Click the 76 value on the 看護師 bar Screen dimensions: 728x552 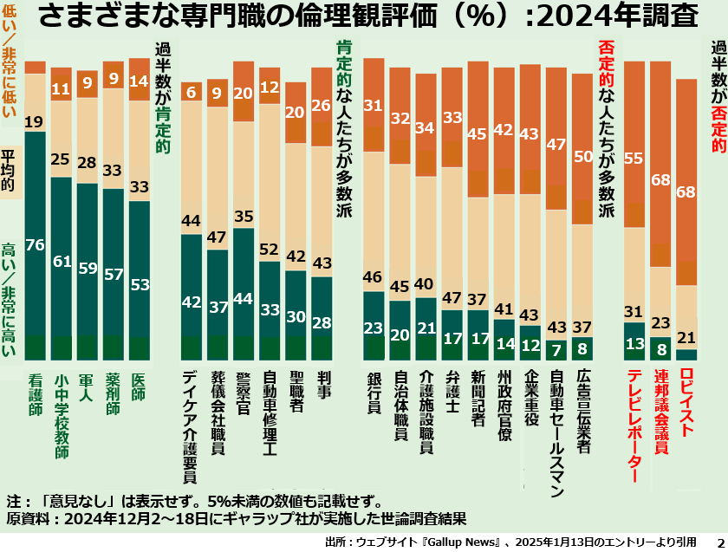(x=36, y=244)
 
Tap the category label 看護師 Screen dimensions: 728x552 (x=36, y=394)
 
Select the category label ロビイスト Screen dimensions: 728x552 (x=686, y=402)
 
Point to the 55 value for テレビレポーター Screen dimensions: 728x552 (x=634, y=159)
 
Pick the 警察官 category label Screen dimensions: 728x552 (x=244, y=393)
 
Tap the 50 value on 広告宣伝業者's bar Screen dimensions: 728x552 (x=582, y=157)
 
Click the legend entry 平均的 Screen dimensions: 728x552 (x=9, y=171)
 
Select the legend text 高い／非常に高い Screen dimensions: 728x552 (x=9, y=300)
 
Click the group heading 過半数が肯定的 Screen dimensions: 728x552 (x=163, y=98)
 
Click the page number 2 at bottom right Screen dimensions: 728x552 (x=720, y=542)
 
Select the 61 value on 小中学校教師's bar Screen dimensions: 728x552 (x=62, y=262)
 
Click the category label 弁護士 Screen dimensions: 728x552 (x=452, y=393)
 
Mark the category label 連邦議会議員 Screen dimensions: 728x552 (x=660, y=412)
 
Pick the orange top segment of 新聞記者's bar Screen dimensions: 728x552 (x=478, y=129)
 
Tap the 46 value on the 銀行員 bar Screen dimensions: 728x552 (x=373, y=277)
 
